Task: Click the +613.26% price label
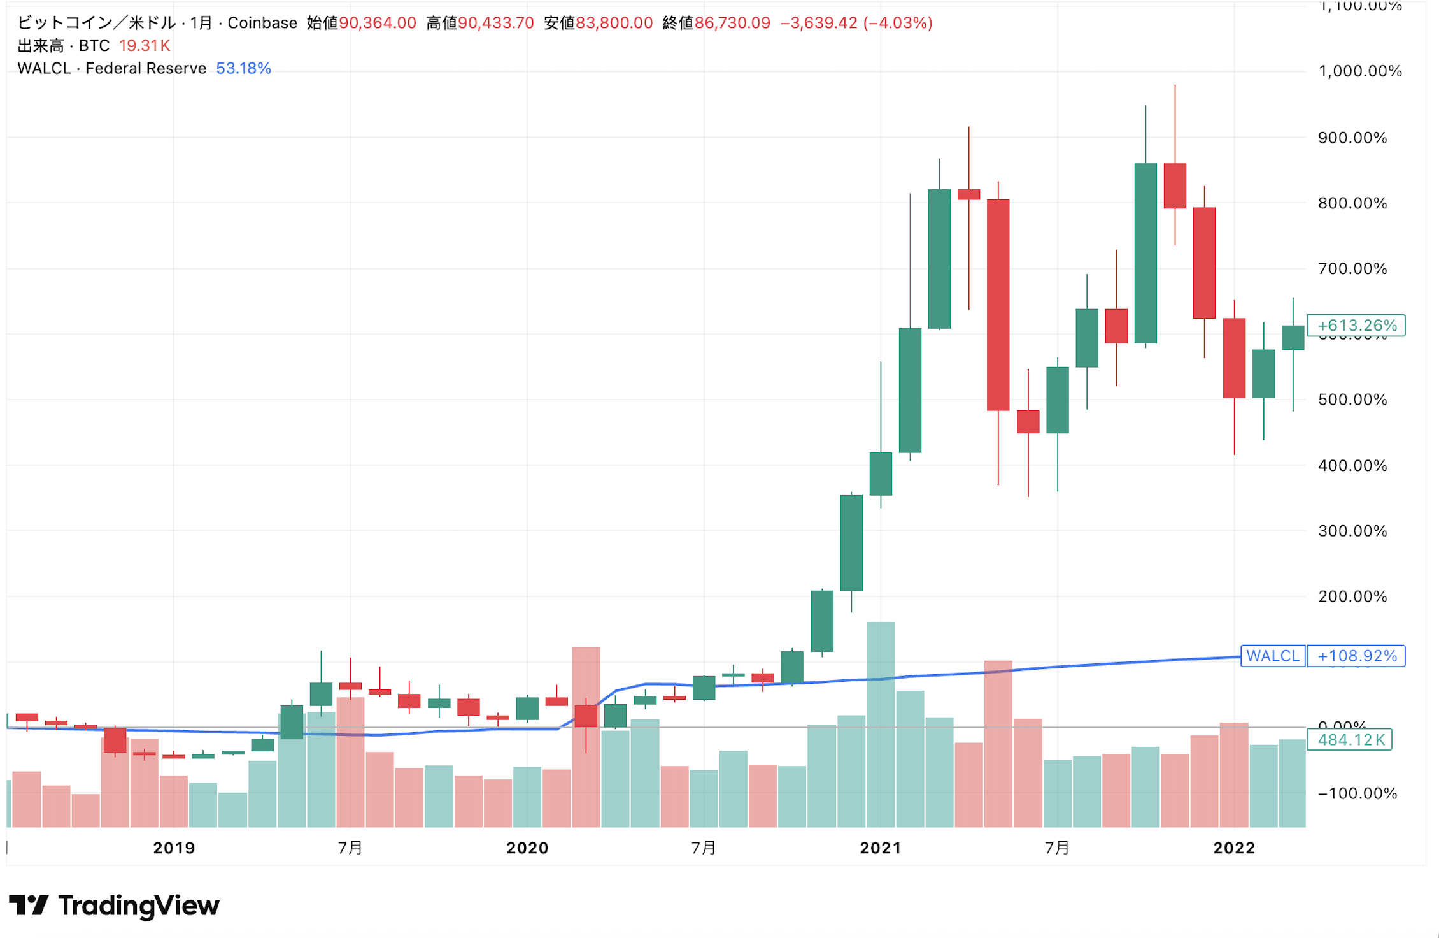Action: (x=1356, y=326)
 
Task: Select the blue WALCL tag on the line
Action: (x=1272, y=656)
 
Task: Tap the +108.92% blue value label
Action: (x=1356, y=656)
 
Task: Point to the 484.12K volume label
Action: (x=1350, y=740)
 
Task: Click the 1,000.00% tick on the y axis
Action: (x=1360, y=71)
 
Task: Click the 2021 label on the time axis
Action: (x=881, y=848)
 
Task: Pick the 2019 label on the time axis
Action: (x=174, y=848)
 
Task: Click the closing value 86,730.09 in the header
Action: (x=732, y=23)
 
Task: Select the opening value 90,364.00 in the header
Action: (x=377, y=23)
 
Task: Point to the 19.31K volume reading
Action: (x=145, y=46)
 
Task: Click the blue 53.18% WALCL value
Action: (x=243, y=68)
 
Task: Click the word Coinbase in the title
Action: (x=262, y=23)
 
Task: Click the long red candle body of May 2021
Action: (x=998, y=305)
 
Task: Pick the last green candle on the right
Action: (x=1293, y=338)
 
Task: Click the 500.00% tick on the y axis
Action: (x=1352, y=400)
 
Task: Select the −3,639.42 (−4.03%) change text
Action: (x=856, y=23)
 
